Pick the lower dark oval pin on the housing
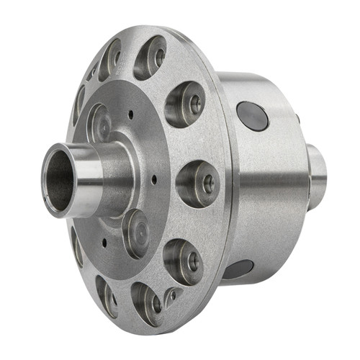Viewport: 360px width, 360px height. click(x=238, y=269)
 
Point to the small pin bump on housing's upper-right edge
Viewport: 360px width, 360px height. click(x=296, y=117)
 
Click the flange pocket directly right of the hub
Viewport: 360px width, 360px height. click(x=198, y=183)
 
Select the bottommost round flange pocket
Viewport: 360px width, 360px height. click(x=148, y=303)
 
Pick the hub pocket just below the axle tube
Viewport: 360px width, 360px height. click(x=135, y=233)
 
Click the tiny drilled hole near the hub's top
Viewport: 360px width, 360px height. click(x=131, y=113)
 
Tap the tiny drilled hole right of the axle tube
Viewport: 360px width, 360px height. click(x=153, y=179)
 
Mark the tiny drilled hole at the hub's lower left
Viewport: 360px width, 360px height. click(x=104, y=243)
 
